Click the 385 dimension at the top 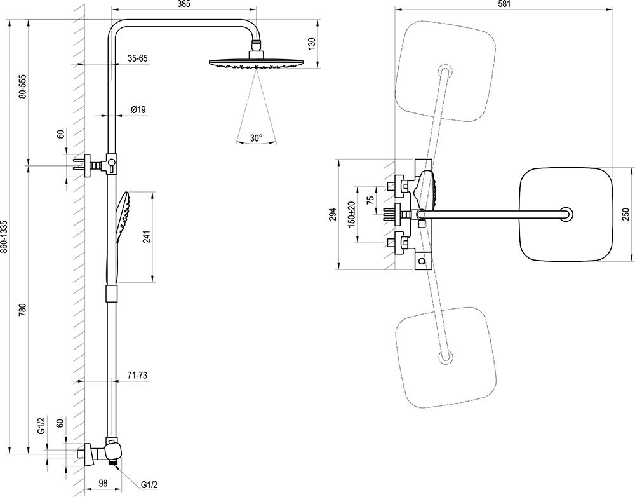coord(185,4)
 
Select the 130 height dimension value coord(311,43)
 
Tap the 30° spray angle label coord(256,138)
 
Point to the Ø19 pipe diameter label coord(138,110)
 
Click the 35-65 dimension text coord(138,58)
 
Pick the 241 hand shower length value coord(147,237)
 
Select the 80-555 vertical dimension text coord(23,86)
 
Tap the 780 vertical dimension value coord(23,311)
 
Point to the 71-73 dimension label coord(137,376)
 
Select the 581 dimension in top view coord(504,4)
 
